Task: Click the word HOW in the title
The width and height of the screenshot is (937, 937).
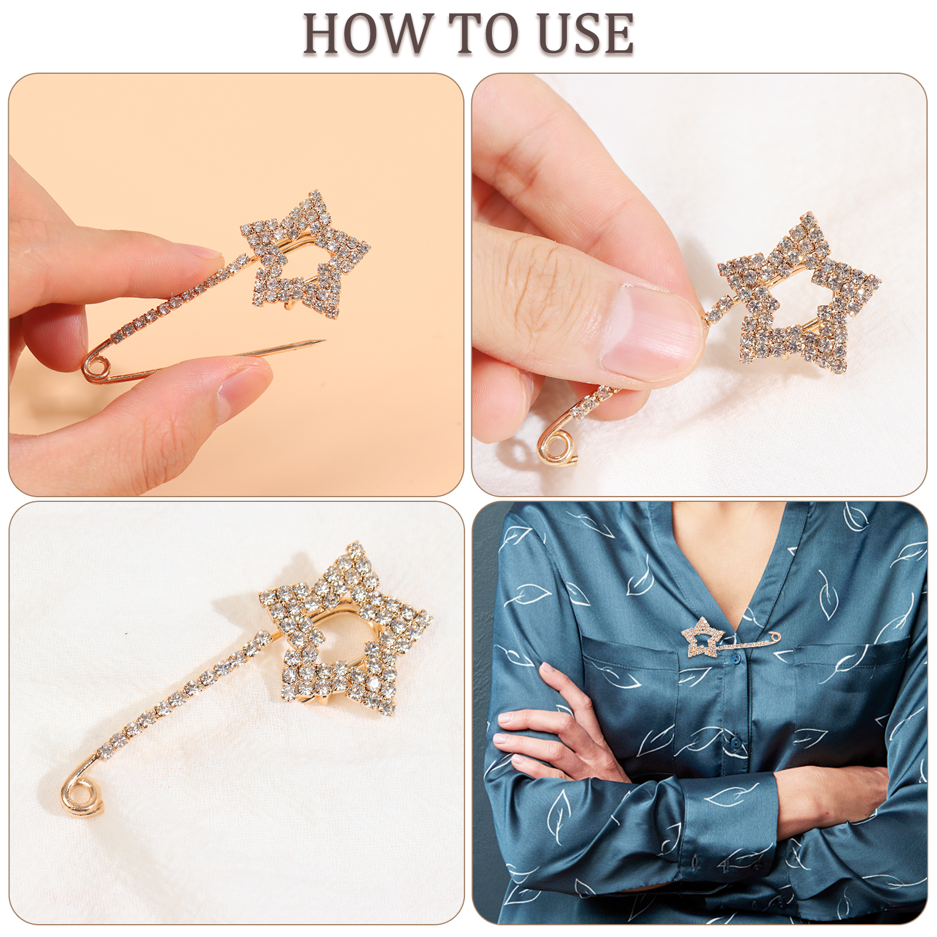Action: pos(367,34)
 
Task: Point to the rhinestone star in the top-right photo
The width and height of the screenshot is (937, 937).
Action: pos(799,293)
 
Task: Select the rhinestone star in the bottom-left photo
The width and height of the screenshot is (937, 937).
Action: pos(346,630)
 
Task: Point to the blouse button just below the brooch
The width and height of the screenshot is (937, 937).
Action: pos(733,660)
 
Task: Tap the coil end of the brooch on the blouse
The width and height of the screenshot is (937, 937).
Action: pos(777,635)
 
